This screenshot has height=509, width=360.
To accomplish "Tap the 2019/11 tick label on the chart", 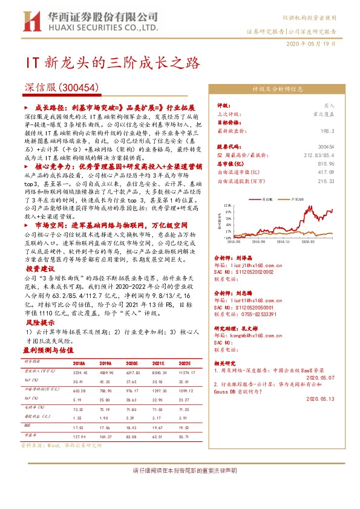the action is [x=287, y=241].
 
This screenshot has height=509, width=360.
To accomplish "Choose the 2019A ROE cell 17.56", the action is [x=105, y=427].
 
